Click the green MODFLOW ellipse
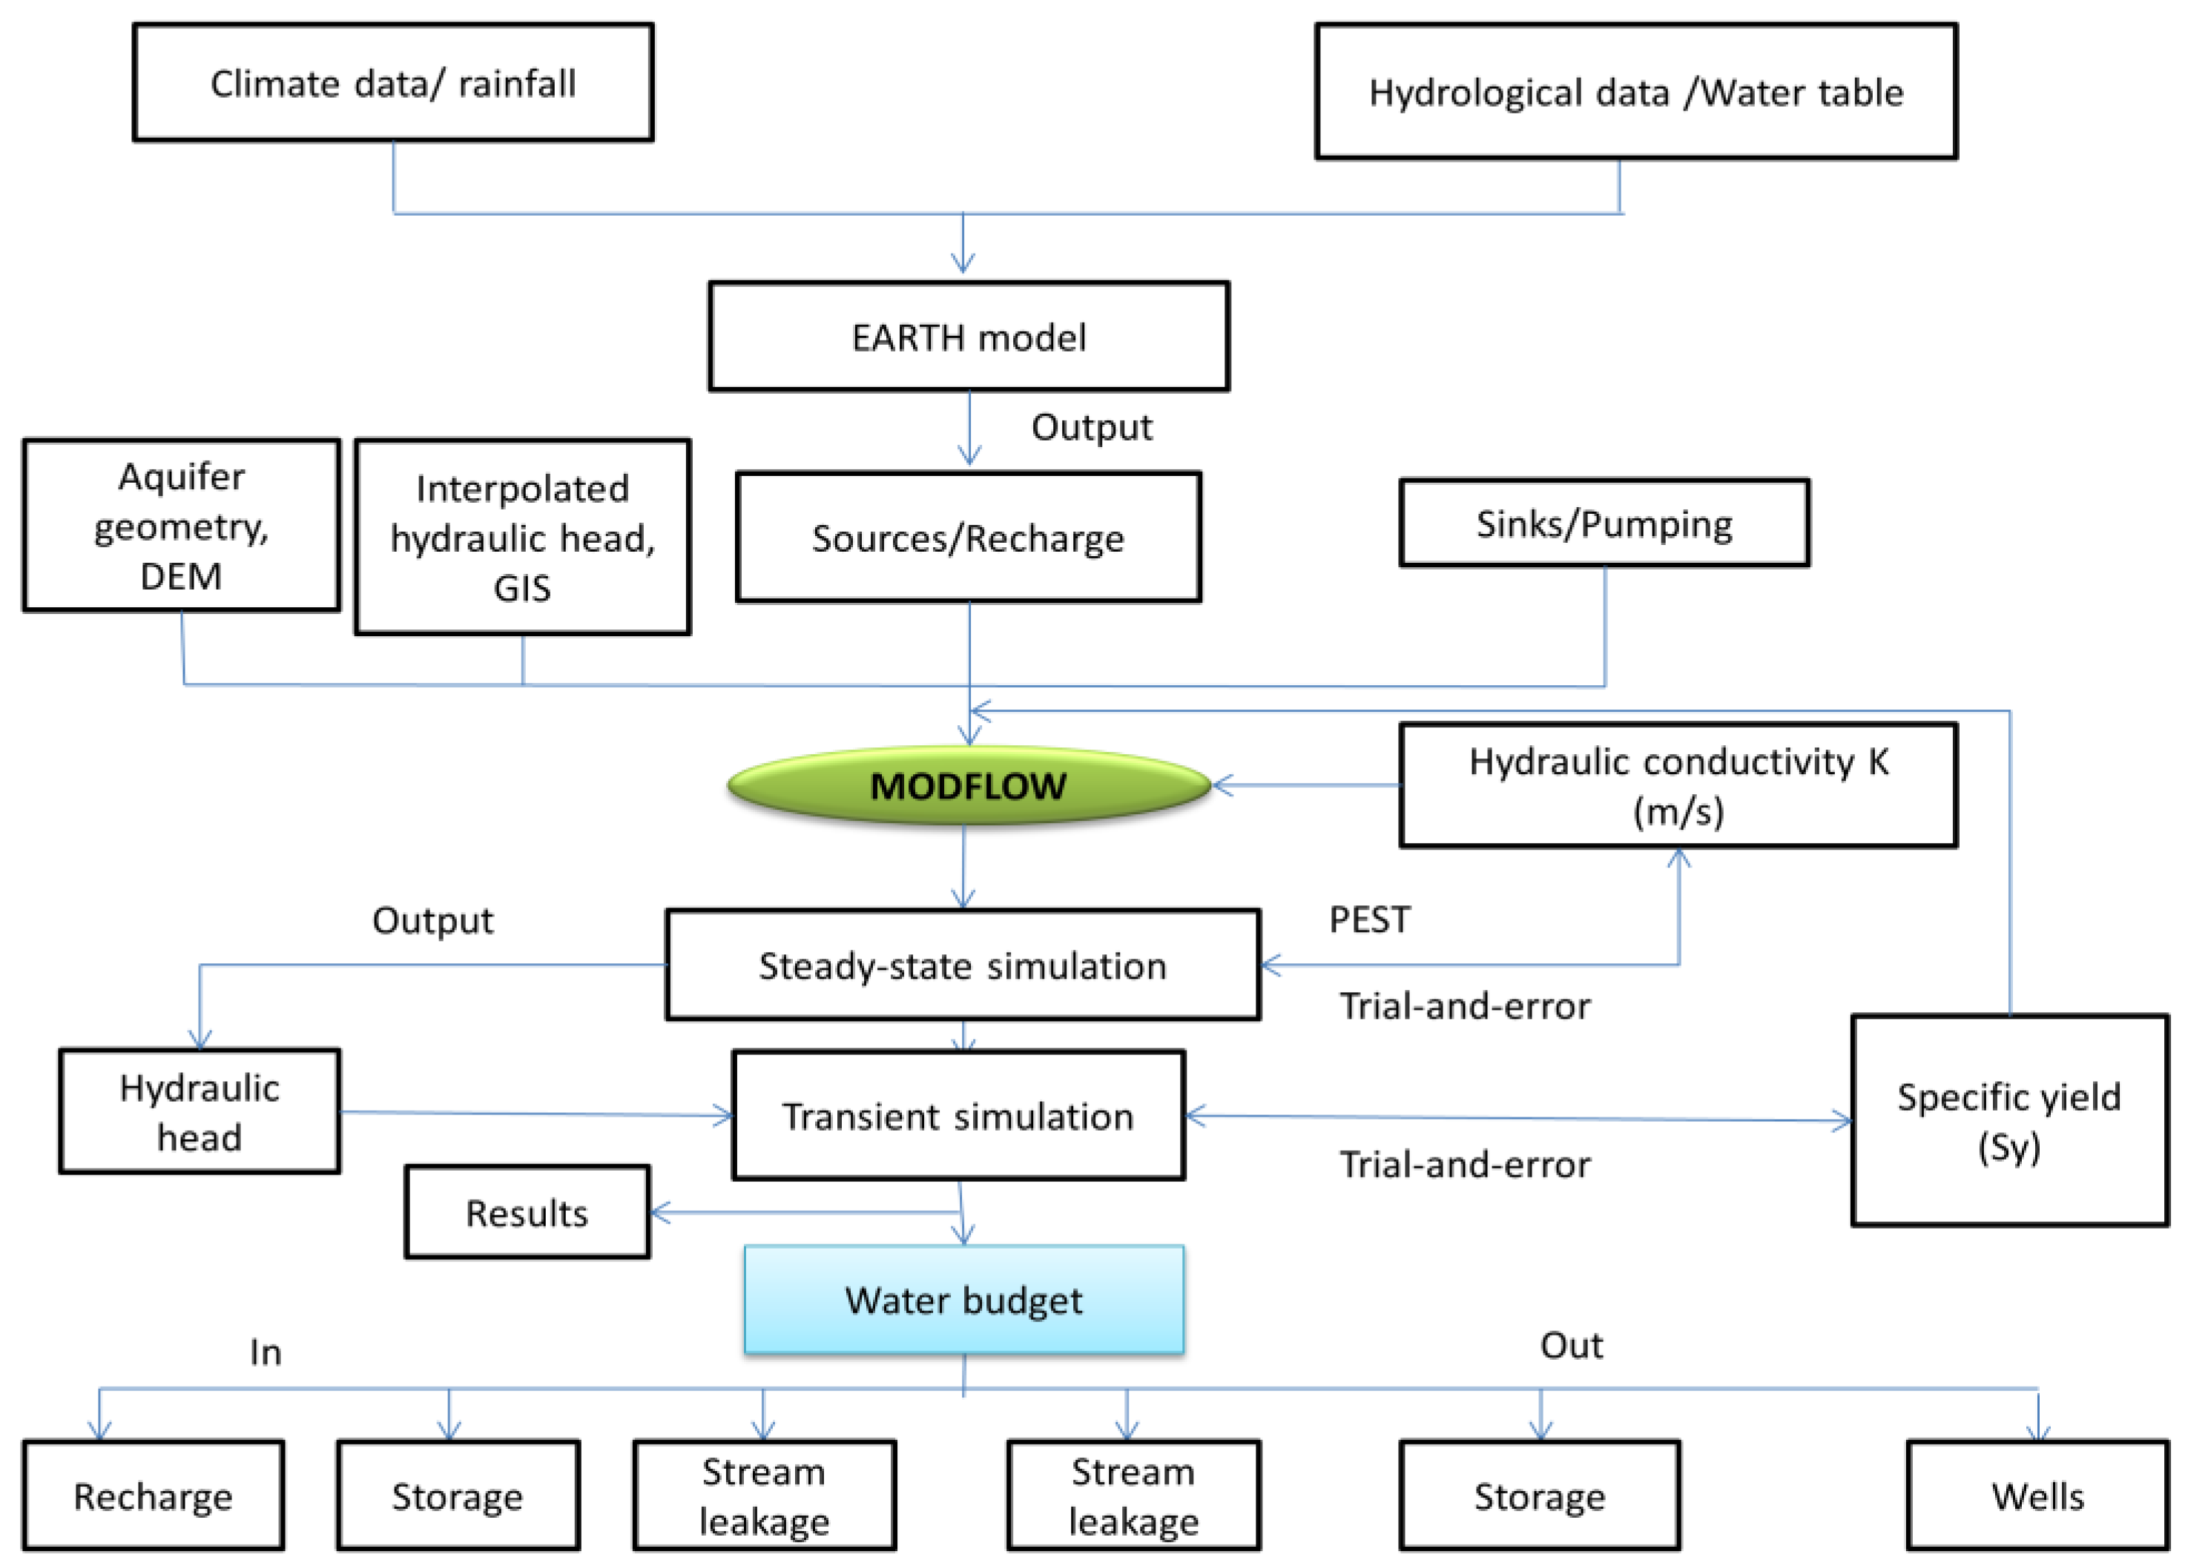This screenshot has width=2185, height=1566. pos(968,786)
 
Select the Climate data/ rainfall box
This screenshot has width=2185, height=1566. pos(393,83)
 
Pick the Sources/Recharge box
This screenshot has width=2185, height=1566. pos(967,538)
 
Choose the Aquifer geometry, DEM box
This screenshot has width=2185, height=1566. pos(181,526)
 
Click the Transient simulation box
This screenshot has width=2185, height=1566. pos(958,1115)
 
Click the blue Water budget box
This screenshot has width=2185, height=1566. pos(963,1299)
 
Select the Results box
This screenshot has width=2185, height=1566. pos(527,1212)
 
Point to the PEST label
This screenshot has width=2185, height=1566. pos(1369,919)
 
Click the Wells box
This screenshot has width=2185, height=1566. pos(2037,1496)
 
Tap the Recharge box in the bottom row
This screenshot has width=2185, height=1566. pos(154,1496)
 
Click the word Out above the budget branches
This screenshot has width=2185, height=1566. pos(1572,1346)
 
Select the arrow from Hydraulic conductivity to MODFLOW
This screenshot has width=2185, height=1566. pos(1305,786)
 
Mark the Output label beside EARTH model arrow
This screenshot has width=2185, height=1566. pos(1092,426)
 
